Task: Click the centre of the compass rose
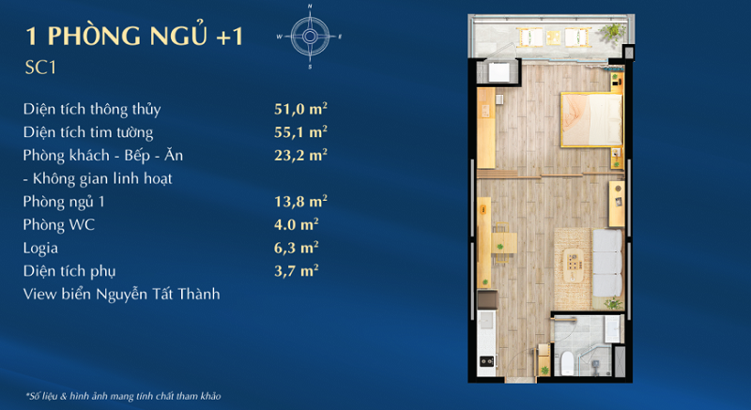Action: pos(310,37)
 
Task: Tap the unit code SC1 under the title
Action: pos(40,68)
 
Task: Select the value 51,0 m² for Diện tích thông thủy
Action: pos(300,109)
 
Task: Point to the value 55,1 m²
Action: pos(300,131)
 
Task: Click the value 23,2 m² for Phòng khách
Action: pos(300,155)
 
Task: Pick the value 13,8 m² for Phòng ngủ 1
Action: pos(300,201)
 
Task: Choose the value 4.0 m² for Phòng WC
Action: pos(297,224)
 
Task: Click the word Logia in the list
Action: pos(40,249)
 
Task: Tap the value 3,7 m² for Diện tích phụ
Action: pos(297,270)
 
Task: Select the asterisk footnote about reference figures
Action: pos(123,396)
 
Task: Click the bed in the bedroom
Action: pos(591,119)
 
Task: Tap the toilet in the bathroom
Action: pos(567,363)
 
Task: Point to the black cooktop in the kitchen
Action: pos(487,361)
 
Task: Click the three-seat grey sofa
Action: pos(607,263)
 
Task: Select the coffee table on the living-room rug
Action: pos(574,265)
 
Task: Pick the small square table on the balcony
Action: pos(554,38)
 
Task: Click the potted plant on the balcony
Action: pos(612,33)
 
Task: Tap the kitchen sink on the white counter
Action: pos(485,320)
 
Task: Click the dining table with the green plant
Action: pos(504,243)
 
